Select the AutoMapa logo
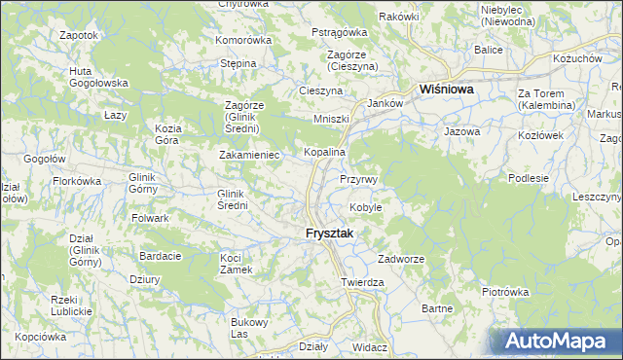pos(557,341)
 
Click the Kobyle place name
pos(366,207)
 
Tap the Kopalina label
pos(325,153)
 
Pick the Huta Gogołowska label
pos(93,77)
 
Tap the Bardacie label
pos(161,256)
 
